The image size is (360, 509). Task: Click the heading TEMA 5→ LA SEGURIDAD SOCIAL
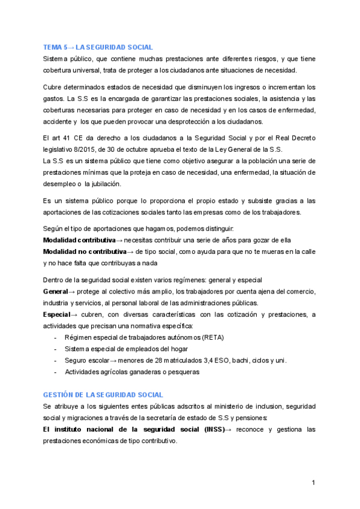(x=98, y=47)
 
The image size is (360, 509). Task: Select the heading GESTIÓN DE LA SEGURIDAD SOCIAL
(x=103, y=394)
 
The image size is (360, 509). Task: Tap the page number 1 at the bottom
(x=313, y=483)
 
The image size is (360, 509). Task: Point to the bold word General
(x=55, y=291)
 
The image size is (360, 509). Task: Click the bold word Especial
(x=57, y=315)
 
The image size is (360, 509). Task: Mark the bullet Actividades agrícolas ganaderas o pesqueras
(x=131, y=372)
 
